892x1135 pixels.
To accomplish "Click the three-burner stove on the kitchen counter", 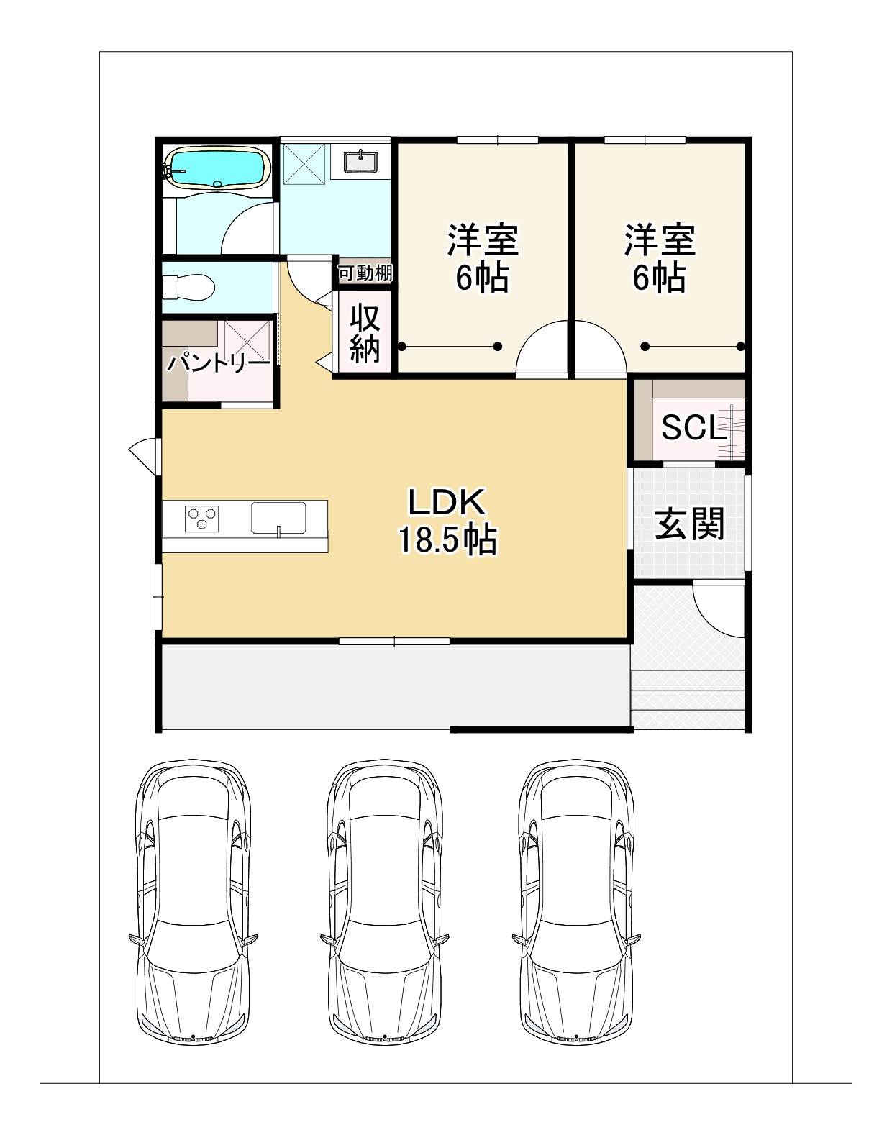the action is [201, 519].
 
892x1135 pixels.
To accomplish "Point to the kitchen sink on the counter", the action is [278, 518].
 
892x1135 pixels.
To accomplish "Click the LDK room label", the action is [447, 502].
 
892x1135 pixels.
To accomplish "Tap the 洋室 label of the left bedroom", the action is [483, 240].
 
